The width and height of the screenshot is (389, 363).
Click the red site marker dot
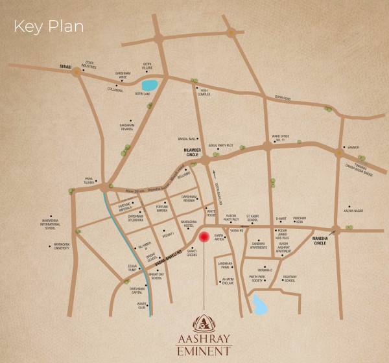(x=204, y=237)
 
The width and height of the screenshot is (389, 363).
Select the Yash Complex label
(x=205, y=91)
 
